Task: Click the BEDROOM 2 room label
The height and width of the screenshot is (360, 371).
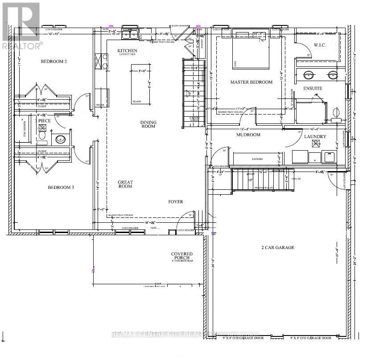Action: click(54, 61)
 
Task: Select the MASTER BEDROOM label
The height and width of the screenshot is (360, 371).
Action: click(251, 82)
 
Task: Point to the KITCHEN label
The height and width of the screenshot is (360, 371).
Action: click(127, 51)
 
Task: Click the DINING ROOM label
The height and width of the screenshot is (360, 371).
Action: click(148, 124)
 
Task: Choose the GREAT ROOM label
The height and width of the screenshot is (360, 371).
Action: click(125, 184)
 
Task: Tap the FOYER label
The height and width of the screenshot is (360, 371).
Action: click(176, 202)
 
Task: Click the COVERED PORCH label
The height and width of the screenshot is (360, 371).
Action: click(182, 256)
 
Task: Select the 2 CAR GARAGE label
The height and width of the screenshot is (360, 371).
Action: click(277, 247)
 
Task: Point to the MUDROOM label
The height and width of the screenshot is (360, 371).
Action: click(248, 135)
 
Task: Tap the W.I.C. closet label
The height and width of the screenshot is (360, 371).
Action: click(321, 45)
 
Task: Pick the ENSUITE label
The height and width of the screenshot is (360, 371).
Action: click(313, 88)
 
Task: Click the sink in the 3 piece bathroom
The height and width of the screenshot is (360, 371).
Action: click(60, 139)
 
